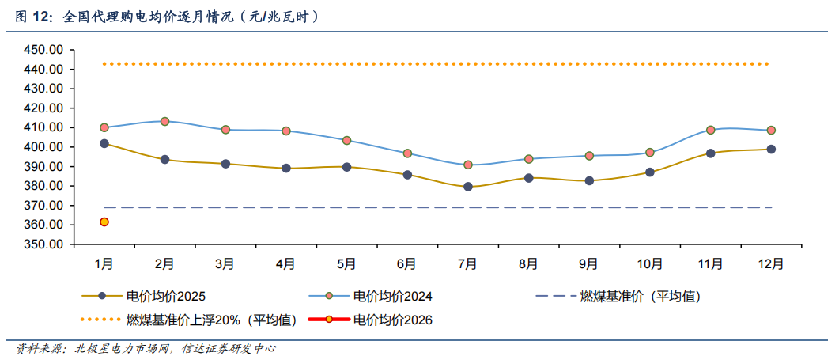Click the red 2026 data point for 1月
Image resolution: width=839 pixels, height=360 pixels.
(104, 222)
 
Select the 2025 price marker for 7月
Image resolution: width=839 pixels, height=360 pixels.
(468, 187)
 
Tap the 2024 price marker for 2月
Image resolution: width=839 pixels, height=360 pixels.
(164, 121)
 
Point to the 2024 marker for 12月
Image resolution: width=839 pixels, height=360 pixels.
(771, 130)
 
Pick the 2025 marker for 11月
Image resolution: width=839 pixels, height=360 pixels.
(710, 153)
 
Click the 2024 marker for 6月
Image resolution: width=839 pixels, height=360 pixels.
(407, 153)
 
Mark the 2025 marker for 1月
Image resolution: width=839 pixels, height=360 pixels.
(104, 143)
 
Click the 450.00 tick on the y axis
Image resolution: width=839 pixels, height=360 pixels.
(44, 50)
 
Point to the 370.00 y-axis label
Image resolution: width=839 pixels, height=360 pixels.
(44, 206)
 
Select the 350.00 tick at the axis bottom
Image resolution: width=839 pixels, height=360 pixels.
(44, 244)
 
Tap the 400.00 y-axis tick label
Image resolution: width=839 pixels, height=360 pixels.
(44, 147)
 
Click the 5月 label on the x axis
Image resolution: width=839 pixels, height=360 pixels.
(346, 263)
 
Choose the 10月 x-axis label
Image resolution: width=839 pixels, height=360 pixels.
(649, 263)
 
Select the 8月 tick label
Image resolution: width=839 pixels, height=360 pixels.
(528, 263)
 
